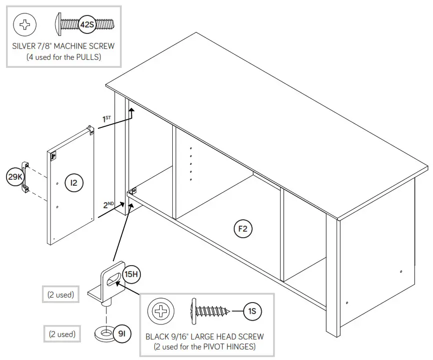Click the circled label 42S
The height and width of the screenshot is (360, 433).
click(x=88, y=23)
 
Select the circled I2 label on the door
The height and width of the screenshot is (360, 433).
click(x=74, y=183)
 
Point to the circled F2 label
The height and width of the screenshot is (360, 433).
click(x=243, y=229)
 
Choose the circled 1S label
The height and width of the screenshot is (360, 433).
click(x=252, y=312)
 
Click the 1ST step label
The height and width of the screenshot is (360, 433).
click(x=107, y=119)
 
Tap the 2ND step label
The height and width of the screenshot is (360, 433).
click(x=109, y=205)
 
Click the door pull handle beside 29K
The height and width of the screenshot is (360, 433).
click(x=24, y=177)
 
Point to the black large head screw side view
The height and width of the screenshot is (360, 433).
click(x=210, y=312)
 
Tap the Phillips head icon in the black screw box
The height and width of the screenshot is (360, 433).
click(x=161, y=312)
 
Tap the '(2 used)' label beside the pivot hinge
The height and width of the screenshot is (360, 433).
click(x=61, y=295)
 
